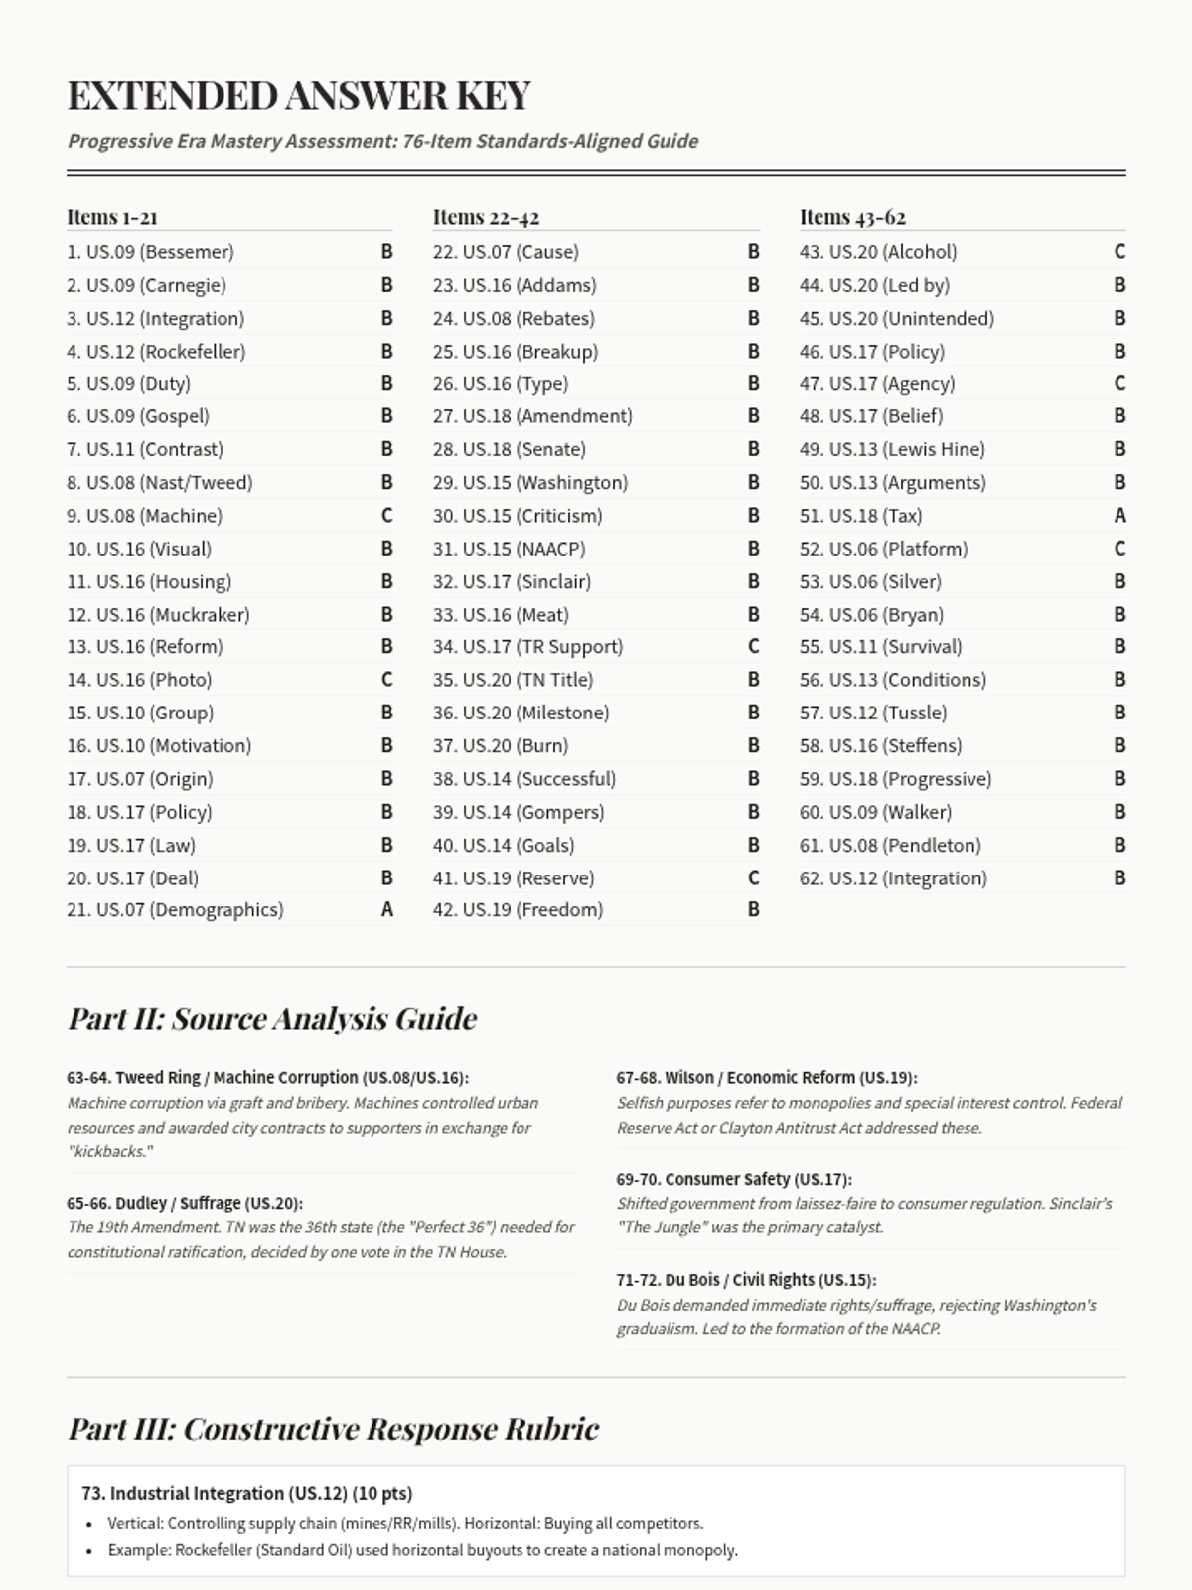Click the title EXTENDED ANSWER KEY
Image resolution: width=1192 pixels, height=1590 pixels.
coord(299,96)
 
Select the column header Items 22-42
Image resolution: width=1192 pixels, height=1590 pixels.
coord(486,217)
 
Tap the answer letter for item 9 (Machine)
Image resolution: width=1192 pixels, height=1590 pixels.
coord(386,516)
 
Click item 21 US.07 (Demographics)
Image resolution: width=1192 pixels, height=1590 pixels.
coord(175,910)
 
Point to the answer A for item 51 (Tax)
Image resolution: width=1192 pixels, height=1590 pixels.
coord(1119,516)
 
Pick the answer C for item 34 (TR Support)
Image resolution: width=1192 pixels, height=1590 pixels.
coord(753,647)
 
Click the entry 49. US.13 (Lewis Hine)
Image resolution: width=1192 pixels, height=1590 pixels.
coord(892,449)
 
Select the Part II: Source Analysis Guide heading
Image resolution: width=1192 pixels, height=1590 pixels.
coord(272,1019)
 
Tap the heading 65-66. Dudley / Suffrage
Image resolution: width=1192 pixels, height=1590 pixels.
coord(185,1203)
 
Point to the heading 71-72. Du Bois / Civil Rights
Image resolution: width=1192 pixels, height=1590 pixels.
coord(746,1280)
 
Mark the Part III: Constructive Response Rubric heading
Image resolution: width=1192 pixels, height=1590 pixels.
coord(333,1429)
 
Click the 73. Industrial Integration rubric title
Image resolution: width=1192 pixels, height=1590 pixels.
coord(246,1493)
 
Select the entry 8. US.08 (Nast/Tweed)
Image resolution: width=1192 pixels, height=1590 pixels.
coord(160,483)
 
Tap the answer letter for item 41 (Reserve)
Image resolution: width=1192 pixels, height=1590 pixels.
coord(753,878)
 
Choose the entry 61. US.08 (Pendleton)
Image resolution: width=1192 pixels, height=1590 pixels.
coord(890,845)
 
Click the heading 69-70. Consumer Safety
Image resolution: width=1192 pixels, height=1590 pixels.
coord(733,1179)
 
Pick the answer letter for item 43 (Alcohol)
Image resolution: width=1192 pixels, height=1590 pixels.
coord(1119,252)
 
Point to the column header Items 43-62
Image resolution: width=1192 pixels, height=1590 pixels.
coord(852,217)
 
